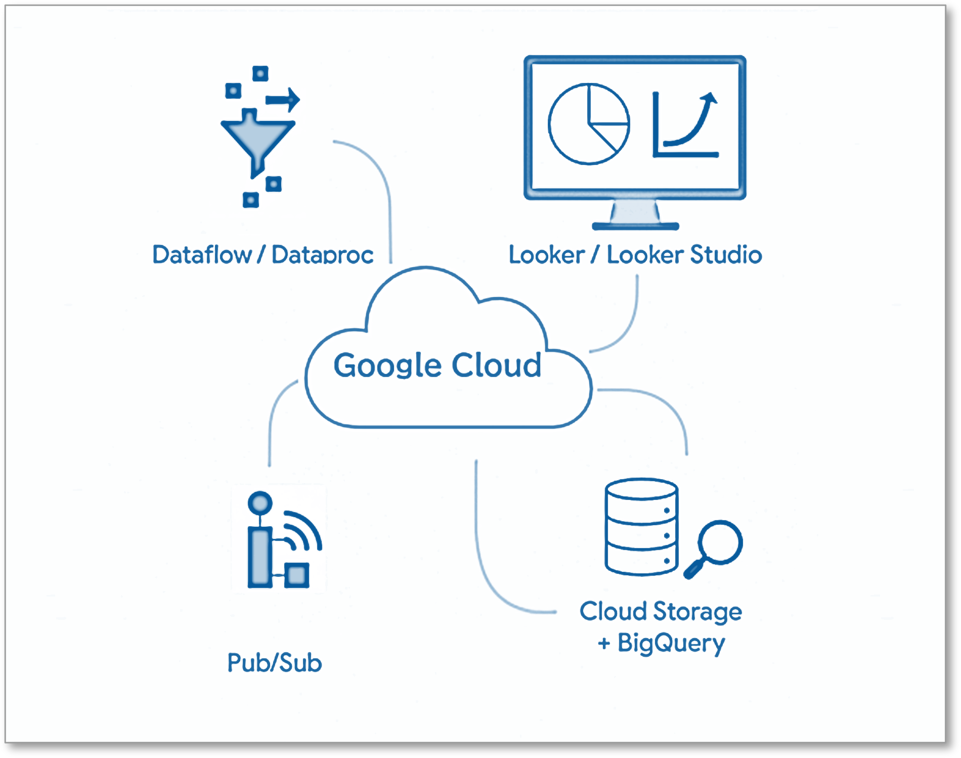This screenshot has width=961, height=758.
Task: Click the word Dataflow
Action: pyautogui.click(x=202, y=255)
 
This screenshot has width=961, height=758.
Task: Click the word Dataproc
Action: pyautogui.click(x=323, y=255)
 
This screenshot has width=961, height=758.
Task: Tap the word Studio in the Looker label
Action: pyautogui.click(x=726, y=255)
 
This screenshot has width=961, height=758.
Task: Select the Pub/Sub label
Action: pyautogui.click(x=274, y=663)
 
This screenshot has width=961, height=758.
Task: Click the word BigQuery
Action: pyautogui.click(x=671, y=644)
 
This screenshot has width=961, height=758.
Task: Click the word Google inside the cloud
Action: pyautogui.click(x=387, y=365)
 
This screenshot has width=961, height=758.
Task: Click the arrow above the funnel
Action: pyautogui.click(x=283, y=100)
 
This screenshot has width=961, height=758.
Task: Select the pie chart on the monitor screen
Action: pyautogui.click(x=589, y=124)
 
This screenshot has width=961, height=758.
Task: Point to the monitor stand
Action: pyautogui.click(x=635, y=215)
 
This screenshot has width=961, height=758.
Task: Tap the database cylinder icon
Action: pyautogui.click(x=641, y=526)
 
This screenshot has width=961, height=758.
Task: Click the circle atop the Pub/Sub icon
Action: pyautogui.click(x=260, y=503)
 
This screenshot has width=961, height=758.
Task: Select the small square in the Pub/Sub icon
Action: pyautogui.click(x=297, y=575)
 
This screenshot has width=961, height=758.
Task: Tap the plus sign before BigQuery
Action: pyautogui.click(x=604, y=644)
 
